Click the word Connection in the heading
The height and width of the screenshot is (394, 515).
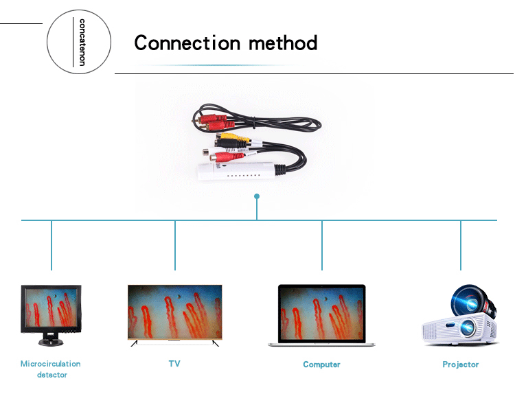coord(187,43)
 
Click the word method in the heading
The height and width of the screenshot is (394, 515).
coord(283,43)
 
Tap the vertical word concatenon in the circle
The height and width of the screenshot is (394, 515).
coord(82,42)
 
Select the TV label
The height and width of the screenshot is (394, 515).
coord(174,364)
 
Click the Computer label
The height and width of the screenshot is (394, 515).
coord(321,364)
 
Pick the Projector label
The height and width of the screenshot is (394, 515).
coord(461,364)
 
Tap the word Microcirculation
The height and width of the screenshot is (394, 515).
coord(51,364)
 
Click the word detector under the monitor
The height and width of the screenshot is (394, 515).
coord(52,375)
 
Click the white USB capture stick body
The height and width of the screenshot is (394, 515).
coord(236,172)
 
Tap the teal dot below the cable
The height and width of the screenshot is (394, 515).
coord(257,196)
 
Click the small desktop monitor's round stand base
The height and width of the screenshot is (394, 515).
coord(51,342)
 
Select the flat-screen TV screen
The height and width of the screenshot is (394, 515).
coord(174,312)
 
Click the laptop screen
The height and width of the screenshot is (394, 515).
coord(322,314)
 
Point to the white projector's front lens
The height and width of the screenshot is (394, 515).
coord(467,327)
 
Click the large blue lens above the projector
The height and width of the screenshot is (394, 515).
coord(468,301)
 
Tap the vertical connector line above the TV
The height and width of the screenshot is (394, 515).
coord(175,245)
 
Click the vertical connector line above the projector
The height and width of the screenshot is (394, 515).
coord(461,245)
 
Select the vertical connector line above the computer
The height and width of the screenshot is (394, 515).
coord(322,245)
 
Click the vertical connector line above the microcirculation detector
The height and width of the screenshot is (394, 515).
coord(51,245)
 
